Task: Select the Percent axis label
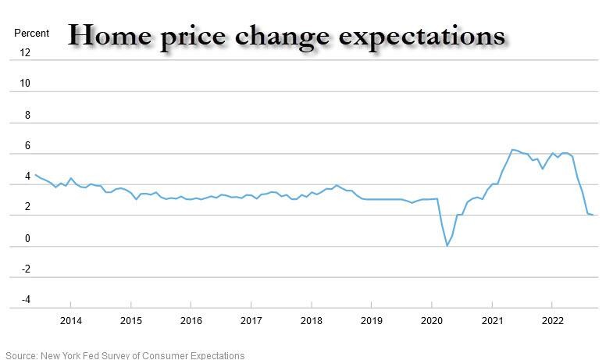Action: coord(31,34)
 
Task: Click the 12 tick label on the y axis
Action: coord(25,53)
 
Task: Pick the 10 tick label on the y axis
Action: coord(25,84)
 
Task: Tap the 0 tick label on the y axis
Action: coord(27,239)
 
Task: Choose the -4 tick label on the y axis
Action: coord(25,300)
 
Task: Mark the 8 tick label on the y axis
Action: coord(27,115)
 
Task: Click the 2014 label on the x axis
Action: coord(70,321)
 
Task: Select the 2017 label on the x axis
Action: coord(251,321)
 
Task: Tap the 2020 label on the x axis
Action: coord(432,321)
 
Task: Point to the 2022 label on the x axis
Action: coord(552,321)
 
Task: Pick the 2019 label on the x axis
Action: coord(372,321)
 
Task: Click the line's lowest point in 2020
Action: coord(447,246)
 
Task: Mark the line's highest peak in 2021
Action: coord(512,149)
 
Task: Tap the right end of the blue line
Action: coord(593,215)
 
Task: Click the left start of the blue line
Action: coord(35,175)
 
